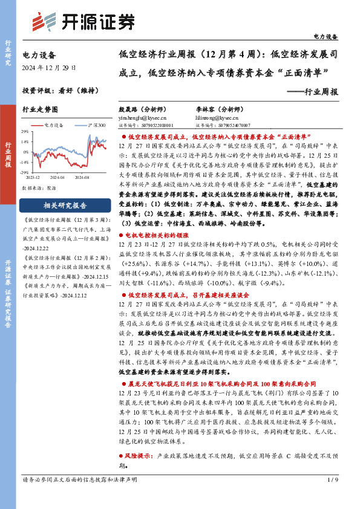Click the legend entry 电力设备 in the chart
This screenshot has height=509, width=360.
click(53, 125)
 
